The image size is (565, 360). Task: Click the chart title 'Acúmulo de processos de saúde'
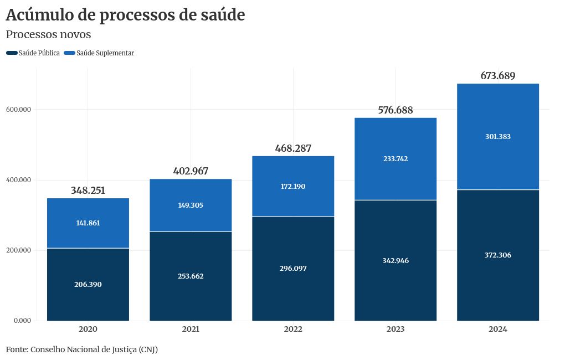[x=125, y=16]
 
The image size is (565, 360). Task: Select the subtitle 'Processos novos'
[x=48, y=34]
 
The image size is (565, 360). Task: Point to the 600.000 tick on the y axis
[x=18, y=110]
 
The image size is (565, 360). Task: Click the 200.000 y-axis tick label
[x=18, y=250]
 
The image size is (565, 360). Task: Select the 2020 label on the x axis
[x=88, y=329]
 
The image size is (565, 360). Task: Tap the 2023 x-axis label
[x=395, y=329]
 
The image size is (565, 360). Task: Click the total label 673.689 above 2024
[x=498, y=76]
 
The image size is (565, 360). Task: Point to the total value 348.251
[x=88, y=191]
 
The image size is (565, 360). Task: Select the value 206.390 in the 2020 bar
[x=88, y=284]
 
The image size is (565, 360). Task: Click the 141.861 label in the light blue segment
[x=88, y=223]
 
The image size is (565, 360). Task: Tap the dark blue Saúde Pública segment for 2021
[x=191, y=294]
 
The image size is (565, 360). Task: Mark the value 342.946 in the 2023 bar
[x=395, y=260]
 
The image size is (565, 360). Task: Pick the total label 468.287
[x=293, y=148]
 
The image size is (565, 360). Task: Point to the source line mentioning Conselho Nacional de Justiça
[x=82, y=349]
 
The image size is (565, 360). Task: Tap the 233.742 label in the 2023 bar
[x=395, y=158]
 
